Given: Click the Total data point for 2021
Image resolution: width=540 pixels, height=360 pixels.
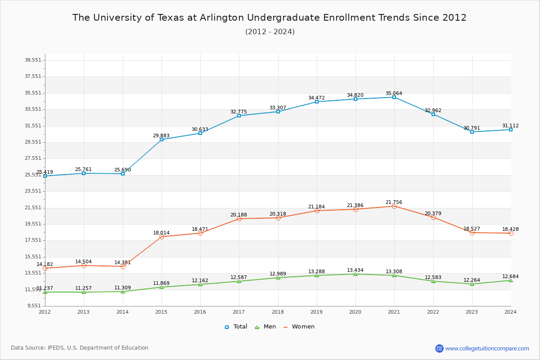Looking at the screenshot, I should coord(394,97).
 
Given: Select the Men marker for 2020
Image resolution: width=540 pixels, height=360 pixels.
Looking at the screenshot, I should coord(355,274).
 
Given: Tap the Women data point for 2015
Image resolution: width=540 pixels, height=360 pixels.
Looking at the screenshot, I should coord(162,237).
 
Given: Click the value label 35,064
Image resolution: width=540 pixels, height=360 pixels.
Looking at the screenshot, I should coord(394,94).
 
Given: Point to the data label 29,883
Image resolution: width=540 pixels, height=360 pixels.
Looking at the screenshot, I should coord(161,135).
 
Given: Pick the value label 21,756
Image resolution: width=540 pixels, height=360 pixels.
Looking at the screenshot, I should coord(394,202).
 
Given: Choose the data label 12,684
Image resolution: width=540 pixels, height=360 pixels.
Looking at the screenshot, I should coord(510,276).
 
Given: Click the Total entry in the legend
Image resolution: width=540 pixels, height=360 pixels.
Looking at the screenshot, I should coord(236,327).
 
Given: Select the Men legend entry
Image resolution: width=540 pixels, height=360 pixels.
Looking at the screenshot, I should coord(265,327).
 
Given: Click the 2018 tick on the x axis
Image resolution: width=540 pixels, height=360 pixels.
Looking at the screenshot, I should coord(278,311).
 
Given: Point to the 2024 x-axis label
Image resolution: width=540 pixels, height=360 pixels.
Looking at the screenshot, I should coord(510,311).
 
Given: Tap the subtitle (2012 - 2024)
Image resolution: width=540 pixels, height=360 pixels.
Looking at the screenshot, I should coord(270,31).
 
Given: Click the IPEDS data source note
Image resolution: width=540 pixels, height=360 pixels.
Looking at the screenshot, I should coord(80,348).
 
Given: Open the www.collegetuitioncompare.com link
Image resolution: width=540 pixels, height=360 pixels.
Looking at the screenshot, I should coord(487,348).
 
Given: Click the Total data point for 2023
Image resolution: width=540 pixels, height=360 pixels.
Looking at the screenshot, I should coord(472,132).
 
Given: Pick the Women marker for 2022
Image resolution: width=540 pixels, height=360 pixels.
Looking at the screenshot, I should coord(433,217).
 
